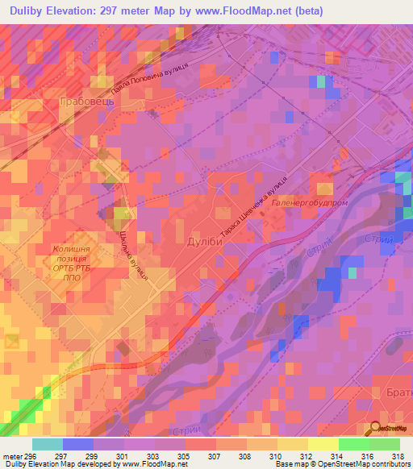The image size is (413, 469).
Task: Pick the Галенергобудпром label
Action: point(310,203)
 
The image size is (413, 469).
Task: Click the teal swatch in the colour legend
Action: point(48,444)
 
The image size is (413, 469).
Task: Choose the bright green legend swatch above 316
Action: point(353,444)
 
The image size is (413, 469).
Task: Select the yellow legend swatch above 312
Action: point(292,444)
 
